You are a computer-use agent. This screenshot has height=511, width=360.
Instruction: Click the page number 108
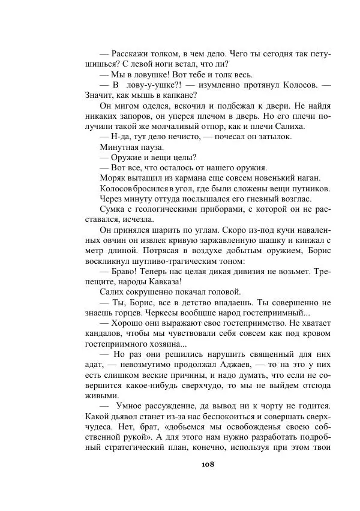point(208,464)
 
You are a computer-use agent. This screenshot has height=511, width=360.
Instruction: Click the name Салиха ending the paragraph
point(290,126)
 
